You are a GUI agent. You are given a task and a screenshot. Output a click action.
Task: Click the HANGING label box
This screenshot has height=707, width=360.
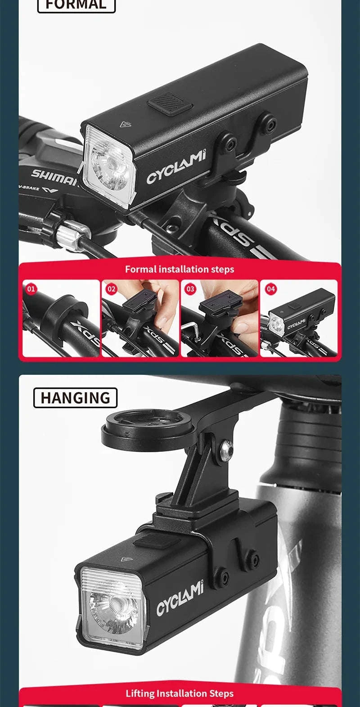tap(75, 398)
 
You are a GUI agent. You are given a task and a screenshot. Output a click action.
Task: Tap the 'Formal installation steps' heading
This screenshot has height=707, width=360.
tap(180, 269)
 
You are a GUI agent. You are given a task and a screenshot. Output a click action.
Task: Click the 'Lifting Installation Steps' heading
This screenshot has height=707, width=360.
tap(180, 693)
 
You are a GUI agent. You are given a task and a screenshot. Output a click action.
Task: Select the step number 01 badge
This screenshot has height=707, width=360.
tap(31, 289)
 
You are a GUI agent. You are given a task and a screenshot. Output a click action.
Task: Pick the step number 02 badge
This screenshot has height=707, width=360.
tap(111, 289)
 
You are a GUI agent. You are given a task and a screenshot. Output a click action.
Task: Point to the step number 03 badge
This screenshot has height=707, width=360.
tap(190, 289)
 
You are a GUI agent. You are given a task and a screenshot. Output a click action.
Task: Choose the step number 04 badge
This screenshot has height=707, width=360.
tap(270, 289)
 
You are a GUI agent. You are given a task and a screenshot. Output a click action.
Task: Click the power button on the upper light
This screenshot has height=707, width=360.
tap(171, 105)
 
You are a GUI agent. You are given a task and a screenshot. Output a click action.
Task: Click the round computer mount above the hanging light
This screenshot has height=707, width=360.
tap(137, 428)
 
